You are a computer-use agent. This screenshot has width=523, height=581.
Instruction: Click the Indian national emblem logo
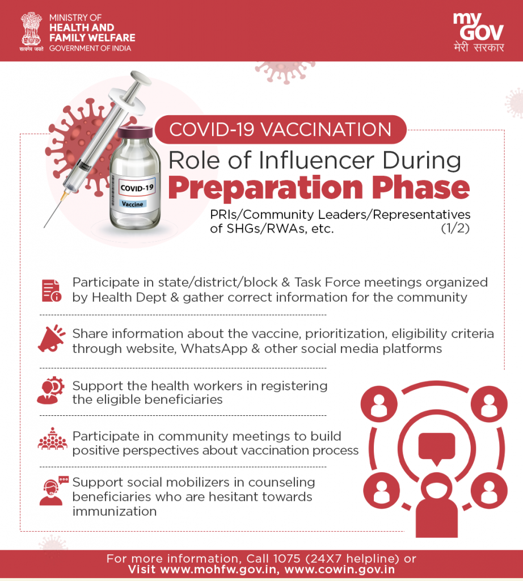coord(31,32)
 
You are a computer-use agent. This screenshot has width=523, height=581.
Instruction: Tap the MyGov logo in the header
coord(478,32)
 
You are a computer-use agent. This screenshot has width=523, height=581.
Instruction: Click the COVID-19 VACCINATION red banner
coord(280,130)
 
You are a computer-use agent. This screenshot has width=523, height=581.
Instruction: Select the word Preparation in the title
coord(265,187)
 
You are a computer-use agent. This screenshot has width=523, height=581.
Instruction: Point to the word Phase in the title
coord(421,187)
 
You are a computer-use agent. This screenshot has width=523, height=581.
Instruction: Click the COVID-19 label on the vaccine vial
coord(137,187)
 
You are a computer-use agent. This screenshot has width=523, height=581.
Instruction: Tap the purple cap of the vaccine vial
coord(135,132)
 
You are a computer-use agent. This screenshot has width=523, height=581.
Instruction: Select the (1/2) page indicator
coord(455,228)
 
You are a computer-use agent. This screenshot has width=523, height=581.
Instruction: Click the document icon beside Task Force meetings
coord(51,290)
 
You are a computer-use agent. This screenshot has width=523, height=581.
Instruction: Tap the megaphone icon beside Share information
coord(51,339)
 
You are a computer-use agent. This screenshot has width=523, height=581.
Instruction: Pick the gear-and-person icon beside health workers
coord(50,390)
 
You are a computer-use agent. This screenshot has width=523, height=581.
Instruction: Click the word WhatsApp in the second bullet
coord(214,349)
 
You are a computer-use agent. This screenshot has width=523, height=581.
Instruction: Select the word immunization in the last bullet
coord(115,511)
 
